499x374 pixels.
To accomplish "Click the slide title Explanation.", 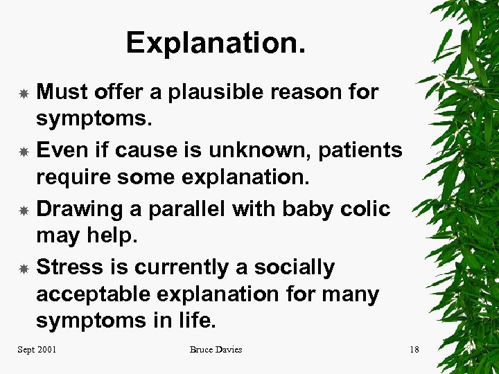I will (216, 43).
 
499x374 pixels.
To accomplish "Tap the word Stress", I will (68, 267).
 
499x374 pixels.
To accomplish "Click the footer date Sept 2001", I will (37, 350).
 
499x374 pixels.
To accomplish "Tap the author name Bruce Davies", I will (216, 350).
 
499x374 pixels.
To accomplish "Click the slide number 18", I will (414, 350).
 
